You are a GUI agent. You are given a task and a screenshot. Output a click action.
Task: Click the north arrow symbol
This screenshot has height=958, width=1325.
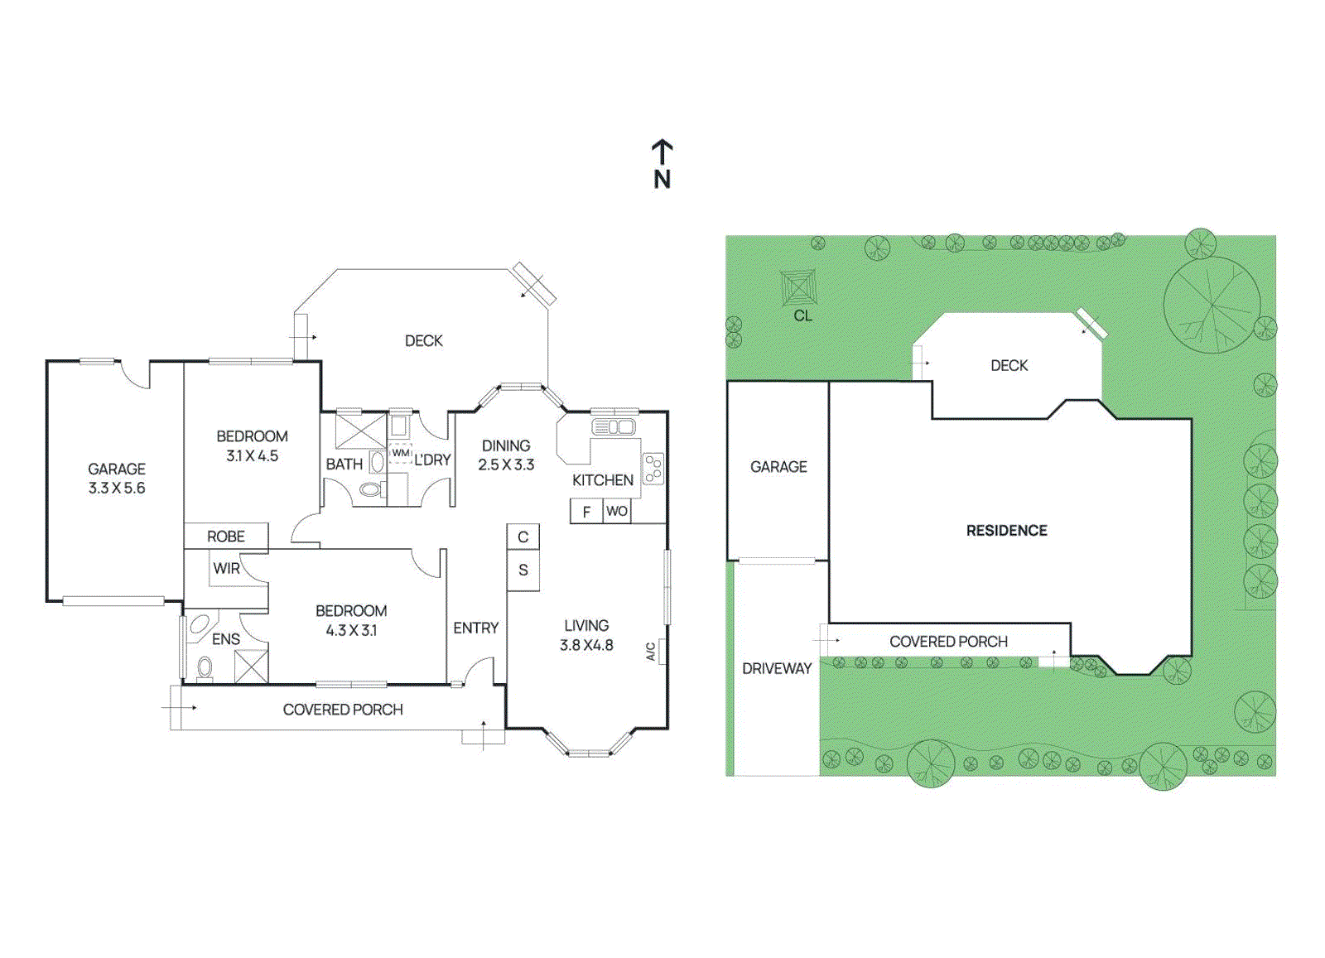click(662, 153)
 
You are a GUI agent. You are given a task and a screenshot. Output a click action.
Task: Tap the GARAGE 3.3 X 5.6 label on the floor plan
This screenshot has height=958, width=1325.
click(117, 479)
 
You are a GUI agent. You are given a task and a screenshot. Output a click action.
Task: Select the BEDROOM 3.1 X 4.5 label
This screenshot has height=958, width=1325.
click(252, 445)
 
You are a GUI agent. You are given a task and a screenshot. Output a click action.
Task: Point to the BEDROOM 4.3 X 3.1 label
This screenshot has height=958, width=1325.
click(351, 620)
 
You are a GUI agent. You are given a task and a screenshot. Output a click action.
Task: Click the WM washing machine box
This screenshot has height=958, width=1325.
click(401, 454)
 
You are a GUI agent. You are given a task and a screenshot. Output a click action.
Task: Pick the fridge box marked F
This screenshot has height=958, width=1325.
click(586, 512)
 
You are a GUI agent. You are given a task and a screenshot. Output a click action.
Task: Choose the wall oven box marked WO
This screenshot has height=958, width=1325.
click(617, 511)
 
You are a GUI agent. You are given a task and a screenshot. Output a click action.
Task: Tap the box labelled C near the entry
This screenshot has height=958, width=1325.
click(523, 537)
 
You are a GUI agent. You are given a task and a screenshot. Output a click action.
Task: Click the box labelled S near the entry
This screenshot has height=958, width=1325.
click(523, 570)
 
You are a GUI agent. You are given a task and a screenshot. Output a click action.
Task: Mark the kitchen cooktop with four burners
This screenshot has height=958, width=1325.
click(653, 469)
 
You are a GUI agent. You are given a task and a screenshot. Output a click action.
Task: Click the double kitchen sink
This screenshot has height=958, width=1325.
click(614, 427)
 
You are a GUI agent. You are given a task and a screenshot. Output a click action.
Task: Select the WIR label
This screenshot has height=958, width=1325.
click(226, 569)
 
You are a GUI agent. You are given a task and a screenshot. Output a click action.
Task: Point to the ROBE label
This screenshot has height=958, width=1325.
click(226, 537)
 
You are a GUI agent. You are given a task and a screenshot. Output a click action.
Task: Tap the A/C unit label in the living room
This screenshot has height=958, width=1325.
click(652, 652)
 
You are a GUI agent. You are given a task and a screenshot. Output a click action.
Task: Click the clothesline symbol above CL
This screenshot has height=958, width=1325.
click(799, 287)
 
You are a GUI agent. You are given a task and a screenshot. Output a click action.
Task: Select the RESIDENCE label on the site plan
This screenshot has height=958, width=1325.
click(1006, 531)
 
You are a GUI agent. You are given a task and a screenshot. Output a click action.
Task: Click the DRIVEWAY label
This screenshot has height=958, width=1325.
click(777, 668)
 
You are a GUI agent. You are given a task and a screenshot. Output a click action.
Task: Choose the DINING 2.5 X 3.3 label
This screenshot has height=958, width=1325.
click(506, 455)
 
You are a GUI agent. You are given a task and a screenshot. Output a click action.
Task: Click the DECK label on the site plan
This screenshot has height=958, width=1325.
click(1009, 365)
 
